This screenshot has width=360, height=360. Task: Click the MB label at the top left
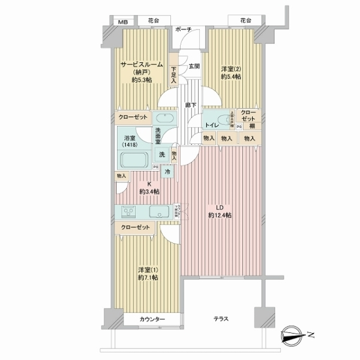point(123,22)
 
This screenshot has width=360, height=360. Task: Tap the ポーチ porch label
point(184,29)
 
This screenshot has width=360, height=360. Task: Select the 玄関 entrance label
point(194,66)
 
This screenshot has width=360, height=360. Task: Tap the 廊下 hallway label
point(188,104)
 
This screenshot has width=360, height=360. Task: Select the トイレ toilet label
point(211,126)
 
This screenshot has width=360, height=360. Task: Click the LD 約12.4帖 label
point(220,211)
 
